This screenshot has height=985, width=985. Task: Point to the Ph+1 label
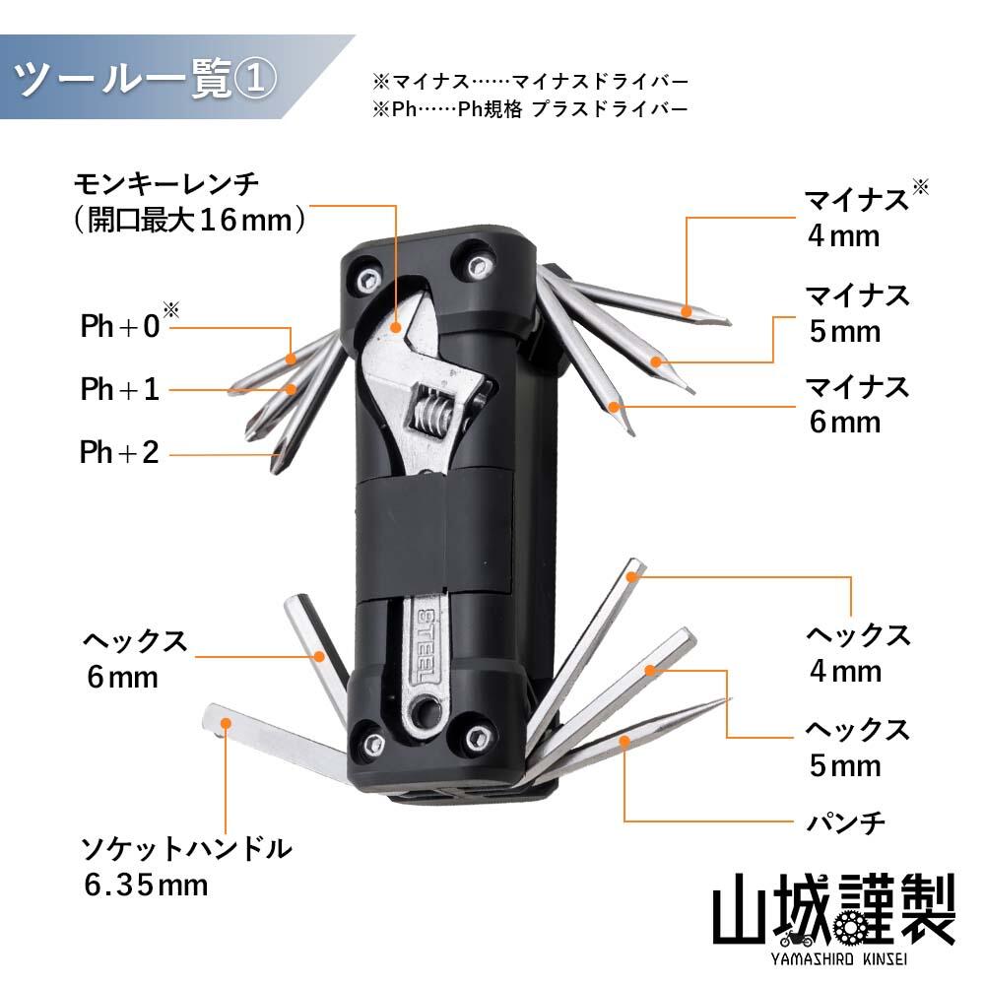tap(119, 389)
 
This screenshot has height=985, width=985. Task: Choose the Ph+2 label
tap(119, 453)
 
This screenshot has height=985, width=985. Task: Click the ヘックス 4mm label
tap(857, 653)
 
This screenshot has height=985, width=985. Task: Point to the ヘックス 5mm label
tap(857, 747)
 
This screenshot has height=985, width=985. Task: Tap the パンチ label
tap(846, 820)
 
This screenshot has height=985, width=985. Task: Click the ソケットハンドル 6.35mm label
tap(187, 865)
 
